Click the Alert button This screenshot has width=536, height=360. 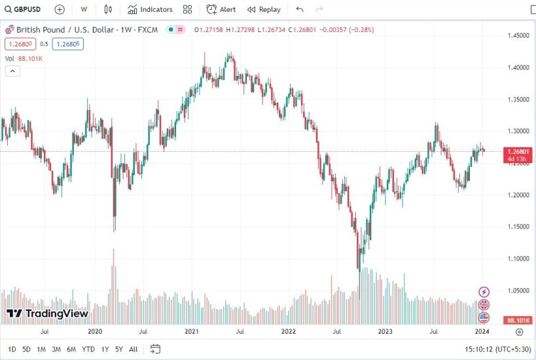tap(221, 9)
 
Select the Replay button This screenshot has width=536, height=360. tap(264, 9)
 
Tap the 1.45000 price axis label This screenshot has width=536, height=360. tap(518, 35)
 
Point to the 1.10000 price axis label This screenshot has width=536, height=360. tap(518, 259)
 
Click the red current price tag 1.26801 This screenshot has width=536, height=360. tap(518, 151)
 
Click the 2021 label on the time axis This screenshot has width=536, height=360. tap(192, 332)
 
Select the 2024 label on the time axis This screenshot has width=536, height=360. tap(482, 332)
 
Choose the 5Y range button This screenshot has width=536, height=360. tap(118, 349)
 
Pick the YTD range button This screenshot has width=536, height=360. tap(88, 349)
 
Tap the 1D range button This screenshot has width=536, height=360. tap(12, 349)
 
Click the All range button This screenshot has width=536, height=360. tap(134, 349)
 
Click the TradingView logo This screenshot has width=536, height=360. tap(46, 314)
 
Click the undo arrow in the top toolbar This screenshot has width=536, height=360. tap(300, 9)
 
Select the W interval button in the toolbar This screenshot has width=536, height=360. tap(84, 9)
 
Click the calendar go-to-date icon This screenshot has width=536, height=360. tap(155, 349)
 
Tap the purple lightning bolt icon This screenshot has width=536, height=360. tap(484, 292)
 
